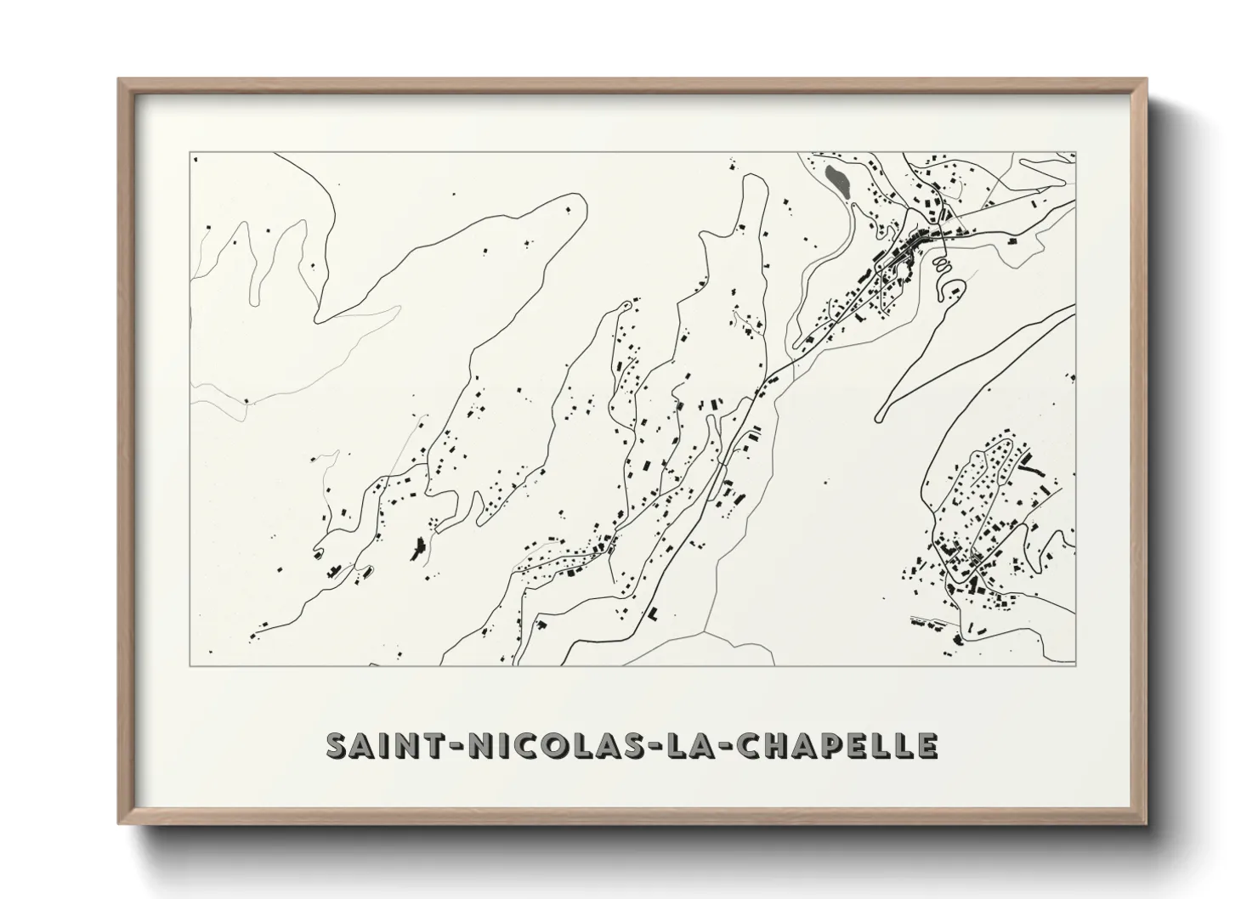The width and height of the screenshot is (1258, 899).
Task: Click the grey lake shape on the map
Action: (x=836, y=181)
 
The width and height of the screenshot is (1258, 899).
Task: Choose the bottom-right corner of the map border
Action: (x=1076, y=666)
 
